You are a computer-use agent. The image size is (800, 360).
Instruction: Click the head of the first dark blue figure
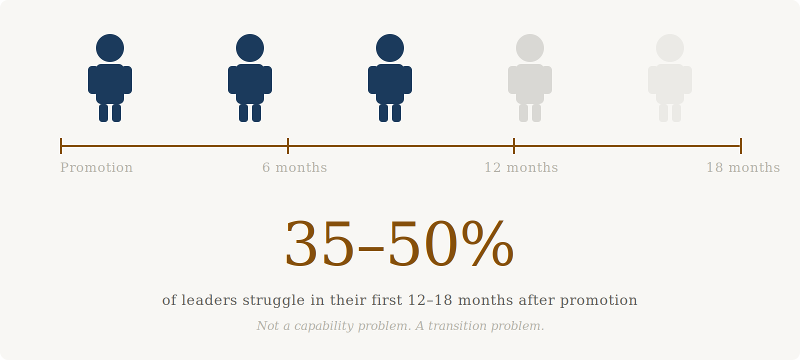[x=110, y=48]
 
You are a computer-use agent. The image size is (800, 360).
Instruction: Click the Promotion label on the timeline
[x=96, y=167]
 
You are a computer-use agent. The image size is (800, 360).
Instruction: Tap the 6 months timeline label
[x=294, y=167]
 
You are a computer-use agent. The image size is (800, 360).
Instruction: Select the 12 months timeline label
[x=521, y=167]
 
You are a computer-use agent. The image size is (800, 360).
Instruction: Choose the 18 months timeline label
[x=743, y=167]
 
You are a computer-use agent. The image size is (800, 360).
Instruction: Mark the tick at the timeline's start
[x=61, y=146]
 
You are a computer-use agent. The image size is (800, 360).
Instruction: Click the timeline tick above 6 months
[x=288, y=146]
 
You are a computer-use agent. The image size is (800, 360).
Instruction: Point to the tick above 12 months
[x=514, y=146]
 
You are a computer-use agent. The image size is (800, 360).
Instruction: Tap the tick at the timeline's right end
[x=741, y=146]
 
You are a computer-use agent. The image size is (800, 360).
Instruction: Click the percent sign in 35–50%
[x=488, y=243]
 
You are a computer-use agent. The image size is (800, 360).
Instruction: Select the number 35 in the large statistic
[x=319, y=243]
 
